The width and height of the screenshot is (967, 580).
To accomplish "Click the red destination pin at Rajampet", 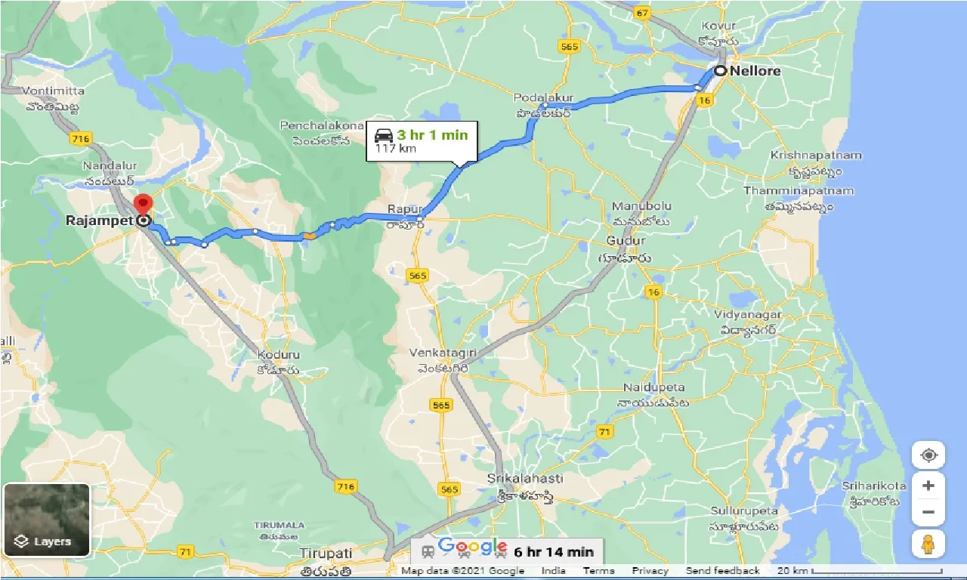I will click(142, 204).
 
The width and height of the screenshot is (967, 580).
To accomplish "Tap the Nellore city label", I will click(755, 71).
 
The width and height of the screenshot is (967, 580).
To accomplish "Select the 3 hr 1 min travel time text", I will click(432, 135).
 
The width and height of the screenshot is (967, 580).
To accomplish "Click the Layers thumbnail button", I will click(47, 520).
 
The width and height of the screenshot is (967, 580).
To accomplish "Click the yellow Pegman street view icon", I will click(928, 544).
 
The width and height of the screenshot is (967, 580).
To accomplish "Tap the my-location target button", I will click(928, 455).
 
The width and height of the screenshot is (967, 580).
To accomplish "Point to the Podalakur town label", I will click(544, 98).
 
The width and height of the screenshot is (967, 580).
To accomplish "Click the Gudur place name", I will click(626, 241).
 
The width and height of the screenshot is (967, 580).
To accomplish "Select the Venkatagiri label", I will click(440, 353).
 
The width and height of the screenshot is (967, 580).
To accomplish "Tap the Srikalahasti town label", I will click(525, 479).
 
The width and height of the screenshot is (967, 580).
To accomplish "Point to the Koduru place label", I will click(279, 354).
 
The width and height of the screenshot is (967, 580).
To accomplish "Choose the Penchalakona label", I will click(317, 125).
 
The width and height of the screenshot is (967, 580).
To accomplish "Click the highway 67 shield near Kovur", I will click(643, 13).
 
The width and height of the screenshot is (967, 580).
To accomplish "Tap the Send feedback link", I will click(722, 571).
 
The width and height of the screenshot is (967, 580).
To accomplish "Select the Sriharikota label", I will click(874, 486).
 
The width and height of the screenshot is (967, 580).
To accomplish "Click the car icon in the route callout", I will click(384, 136).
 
